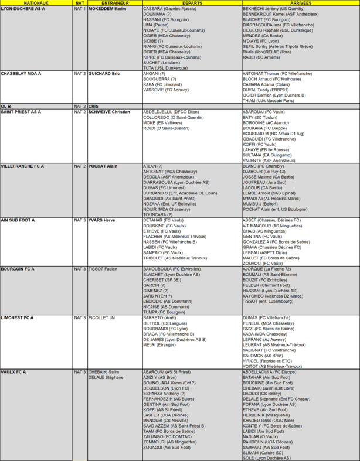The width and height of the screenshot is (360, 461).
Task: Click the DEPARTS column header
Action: (191, 4)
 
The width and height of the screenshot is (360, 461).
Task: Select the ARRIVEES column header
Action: (300, 4)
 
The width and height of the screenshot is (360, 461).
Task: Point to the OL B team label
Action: (6, 106)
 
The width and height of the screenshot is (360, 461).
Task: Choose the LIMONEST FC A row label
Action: (18, 317)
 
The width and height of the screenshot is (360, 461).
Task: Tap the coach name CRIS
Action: (94, 106)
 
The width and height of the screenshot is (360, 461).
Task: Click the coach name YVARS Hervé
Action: (103, 220)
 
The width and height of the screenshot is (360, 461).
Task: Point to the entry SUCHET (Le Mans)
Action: (164, 63)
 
